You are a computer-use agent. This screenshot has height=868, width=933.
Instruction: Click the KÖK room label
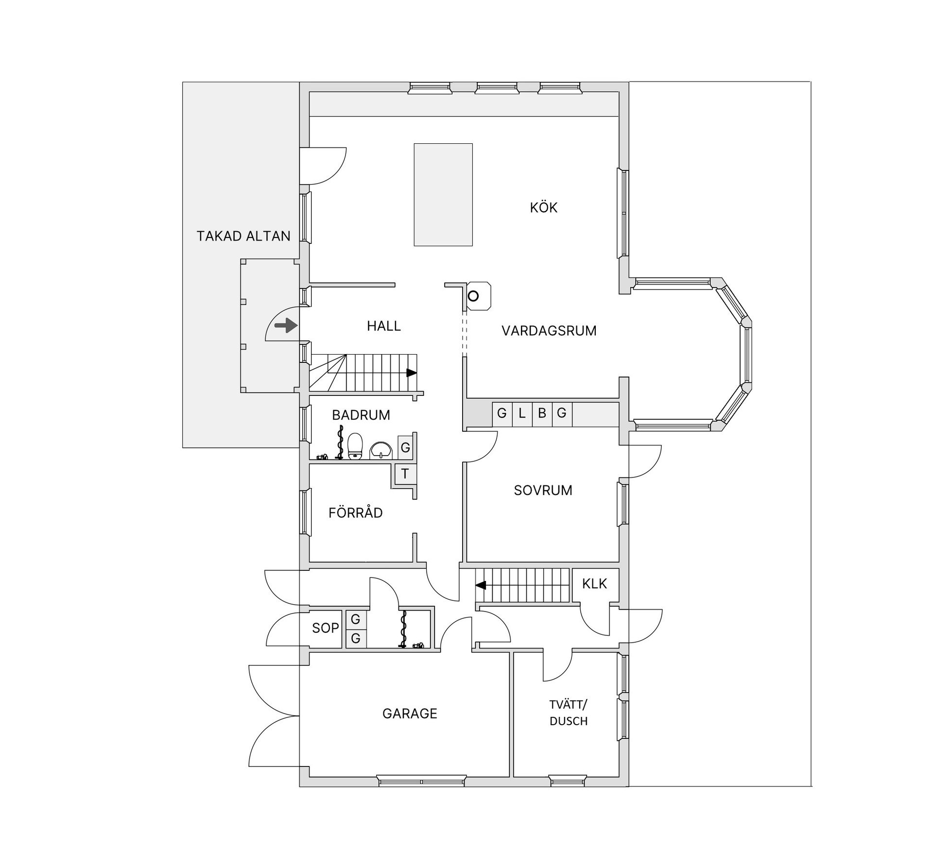[543, 207]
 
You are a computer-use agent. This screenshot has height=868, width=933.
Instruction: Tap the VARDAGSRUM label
[549, 331]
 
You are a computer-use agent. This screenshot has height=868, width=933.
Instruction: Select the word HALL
[384, 326]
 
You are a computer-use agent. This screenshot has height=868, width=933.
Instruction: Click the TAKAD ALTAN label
[243, 236]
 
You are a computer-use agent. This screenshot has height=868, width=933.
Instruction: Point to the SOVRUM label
[543, 490]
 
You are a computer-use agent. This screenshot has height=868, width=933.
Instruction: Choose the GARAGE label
[410, 714]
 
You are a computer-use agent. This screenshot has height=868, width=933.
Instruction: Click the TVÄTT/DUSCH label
[569, 713]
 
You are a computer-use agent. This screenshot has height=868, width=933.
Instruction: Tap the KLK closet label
[594, 583]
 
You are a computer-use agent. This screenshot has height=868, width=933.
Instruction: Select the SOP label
[325, 628]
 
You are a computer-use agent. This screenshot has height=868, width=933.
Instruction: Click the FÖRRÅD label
[355, 512]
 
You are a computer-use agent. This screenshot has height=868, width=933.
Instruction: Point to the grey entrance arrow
[286, 325]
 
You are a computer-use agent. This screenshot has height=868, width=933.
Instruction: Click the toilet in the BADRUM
[355, 446]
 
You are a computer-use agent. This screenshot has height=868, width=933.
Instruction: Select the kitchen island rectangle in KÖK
[443, 194]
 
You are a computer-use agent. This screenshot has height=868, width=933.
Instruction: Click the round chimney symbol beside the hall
[473, 295]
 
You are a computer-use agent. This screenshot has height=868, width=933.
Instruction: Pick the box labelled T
[405, 473]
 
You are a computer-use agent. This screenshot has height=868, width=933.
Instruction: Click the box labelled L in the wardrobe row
[522, 414]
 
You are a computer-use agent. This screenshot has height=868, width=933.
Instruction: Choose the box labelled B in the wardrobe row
[542, 414]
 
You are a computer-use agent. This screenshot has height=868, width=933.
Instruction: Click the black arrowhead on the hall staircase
[412, 373]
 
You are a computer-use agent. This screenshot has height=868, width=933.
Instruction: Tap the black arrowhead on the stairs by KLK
[481, 585]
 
